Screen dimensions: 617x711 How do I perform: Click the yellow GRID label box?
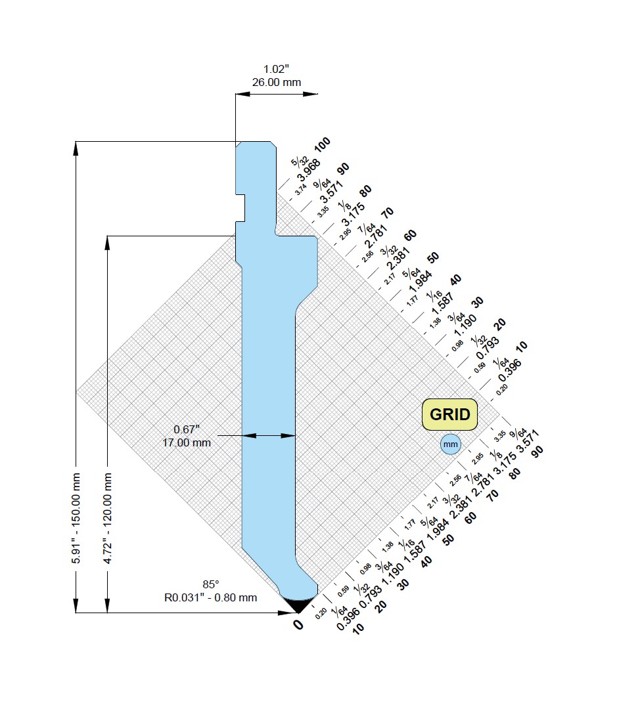coord(449,414)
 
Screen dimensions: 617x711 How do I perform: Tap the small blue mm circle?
coord(451,444)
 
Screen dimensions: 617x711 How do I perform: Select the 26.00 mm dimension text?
coord(276,83)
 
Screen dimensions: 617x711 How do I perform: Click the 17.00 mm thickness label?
coord(187,442)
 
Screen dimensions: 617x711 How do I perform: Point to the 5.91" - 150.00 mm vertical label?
coord(76,518)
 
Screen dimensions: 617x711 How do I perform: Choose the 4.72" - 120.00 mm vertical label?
coord(108,518)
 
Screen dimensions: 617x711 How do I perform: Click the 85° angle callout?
coord(210,584)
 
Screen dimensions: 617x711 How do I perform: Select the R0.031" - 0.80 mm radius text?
coord(210,597)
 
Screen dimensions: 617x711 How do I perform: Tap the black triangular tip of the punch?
coord(298,605)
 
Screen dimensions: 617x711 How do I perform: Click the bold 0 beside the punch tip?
coord(298,625)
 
